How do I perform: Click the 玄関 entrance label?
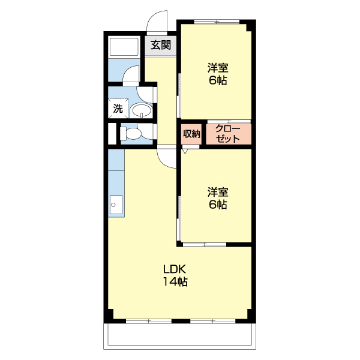pyautogui.click(x=161, y=45)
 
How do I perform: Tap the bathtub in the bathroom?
pyautogui.click(x=124, y=47)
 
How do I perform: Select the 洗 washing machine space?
pyautogui.click(x=118, y=108)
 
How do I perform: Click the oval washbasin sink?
pyautogui.click(x=141, y=110)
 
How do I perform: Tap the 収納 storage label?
pyautogui.click(x=191, y=134)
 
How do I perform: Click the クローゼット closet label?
pyautogui.click(x=227, y=134)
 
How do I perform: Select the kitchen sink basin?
pyautogui.click(x=116, y=205)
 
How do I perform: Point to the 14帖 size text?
pyautogui.click(x=175, y=281)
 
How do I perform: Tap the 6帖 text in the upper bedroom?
pyautogui.click(x=218, y=80)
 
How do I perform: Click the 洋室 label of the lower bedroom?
pyautogui.click(x=218, y=192)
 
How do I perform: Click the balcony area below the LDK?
pyautogui.click(x=179, y=336)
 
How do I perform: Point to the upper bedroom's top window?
pyautogui.click(x=217, y=22)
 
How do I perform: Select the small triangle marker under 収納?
pyautogui.click(x=185, y=151)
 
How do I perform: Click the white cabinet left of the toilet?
pyautogui.click(x=112, y=134)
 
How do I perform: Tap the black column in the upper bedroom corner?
pyautogui.click(x=249, y=28)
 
